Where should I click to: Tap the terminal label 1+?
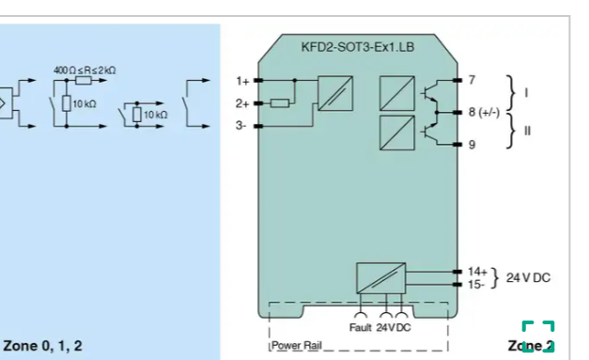pyautogui.click(x=242, y=81)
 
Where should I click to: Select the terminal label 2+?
pyautogui.click(x=242, y=102)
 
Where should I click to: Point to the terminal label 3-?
pyautogui.click(x=241, y=125)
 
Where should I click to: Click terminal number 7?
pyautogui.click(x=472, y=80)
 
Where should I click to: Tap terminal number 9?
pyautogui.click(x=472, y=144)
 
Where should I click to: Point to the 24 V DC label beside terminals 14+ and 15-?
pyautogui.click(x=528, y=277)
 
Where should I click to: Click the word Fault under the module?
pyautogui.click(x=361, y=327)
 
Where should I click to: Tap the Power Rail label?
pyautogui.click(x=297, y=345)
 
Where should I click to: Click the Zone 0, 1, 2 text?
pyautogui.click(x=42, y=345)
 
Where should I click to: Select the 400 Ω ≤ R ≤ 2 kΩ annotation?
pyautogui.click(x=85, y=70)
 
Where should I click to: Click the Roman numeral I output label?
pyautogui.click(x=526, y=92)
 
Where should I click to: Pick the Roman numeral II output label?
pyautogui.click(x=527, y=131)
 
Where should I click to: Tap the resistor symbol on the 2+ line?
pyautogui.click(x=279, y=102)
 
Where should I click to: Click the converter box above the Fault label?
pyautogui.click(x=380, y=278)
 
